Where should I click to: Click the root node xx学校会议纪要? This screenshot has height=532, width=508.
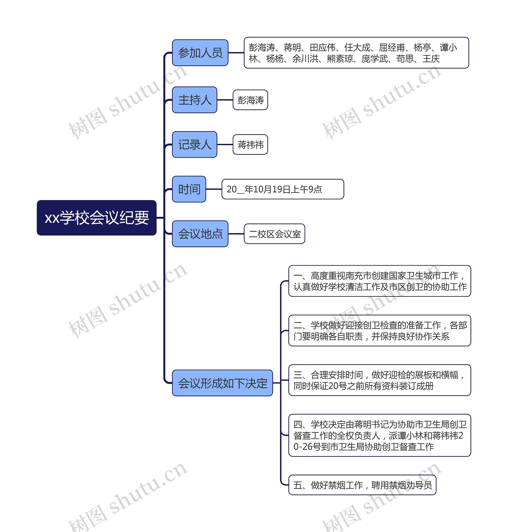tap(96, 218)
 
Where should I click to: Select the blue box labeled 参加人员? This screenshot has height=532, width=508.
tap(200, 53)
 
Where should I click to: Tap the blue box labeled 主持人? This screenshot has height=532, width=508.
tap(194, 100)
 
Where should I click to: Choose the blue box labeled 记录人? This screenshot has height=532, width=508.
tap(194, 144)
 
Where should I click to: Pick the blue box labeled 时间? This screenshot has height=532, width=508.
tap(189, 189)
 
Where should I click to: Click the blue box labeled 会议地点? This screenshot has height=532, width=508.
tap(200, 234)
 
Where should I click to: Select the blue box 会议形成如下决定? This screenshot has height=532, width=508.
tap(222, 383)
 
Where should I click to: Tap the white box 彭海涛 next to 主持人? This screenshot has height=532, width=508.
tap(250, 100)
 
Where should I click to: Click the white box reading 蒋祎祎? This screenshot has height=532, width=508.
tap(250, 144)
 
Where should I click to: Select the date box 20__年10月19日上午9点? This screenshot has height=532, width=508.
tap(283, 189)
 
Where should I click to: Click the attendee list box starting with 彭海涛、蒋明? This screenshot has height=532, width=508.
tap(356, 53)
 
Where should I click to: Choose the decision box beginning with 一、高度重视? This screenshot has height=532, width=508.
tap(379, 281)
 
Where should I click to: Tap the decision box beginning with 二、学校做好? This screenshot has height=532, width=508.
tap(379, 330)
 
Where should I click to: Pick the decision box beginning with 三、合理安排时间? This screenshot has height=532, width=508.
tap(379, 380)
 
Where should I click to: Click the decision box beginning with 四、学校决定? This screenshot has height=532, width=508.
tap(379, 435)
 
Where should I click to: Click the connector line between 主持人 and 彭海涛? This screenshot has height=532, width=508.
tap(225, 100)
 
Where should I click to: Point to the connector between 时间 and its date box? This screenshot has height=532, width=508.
tap(214, 189)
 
